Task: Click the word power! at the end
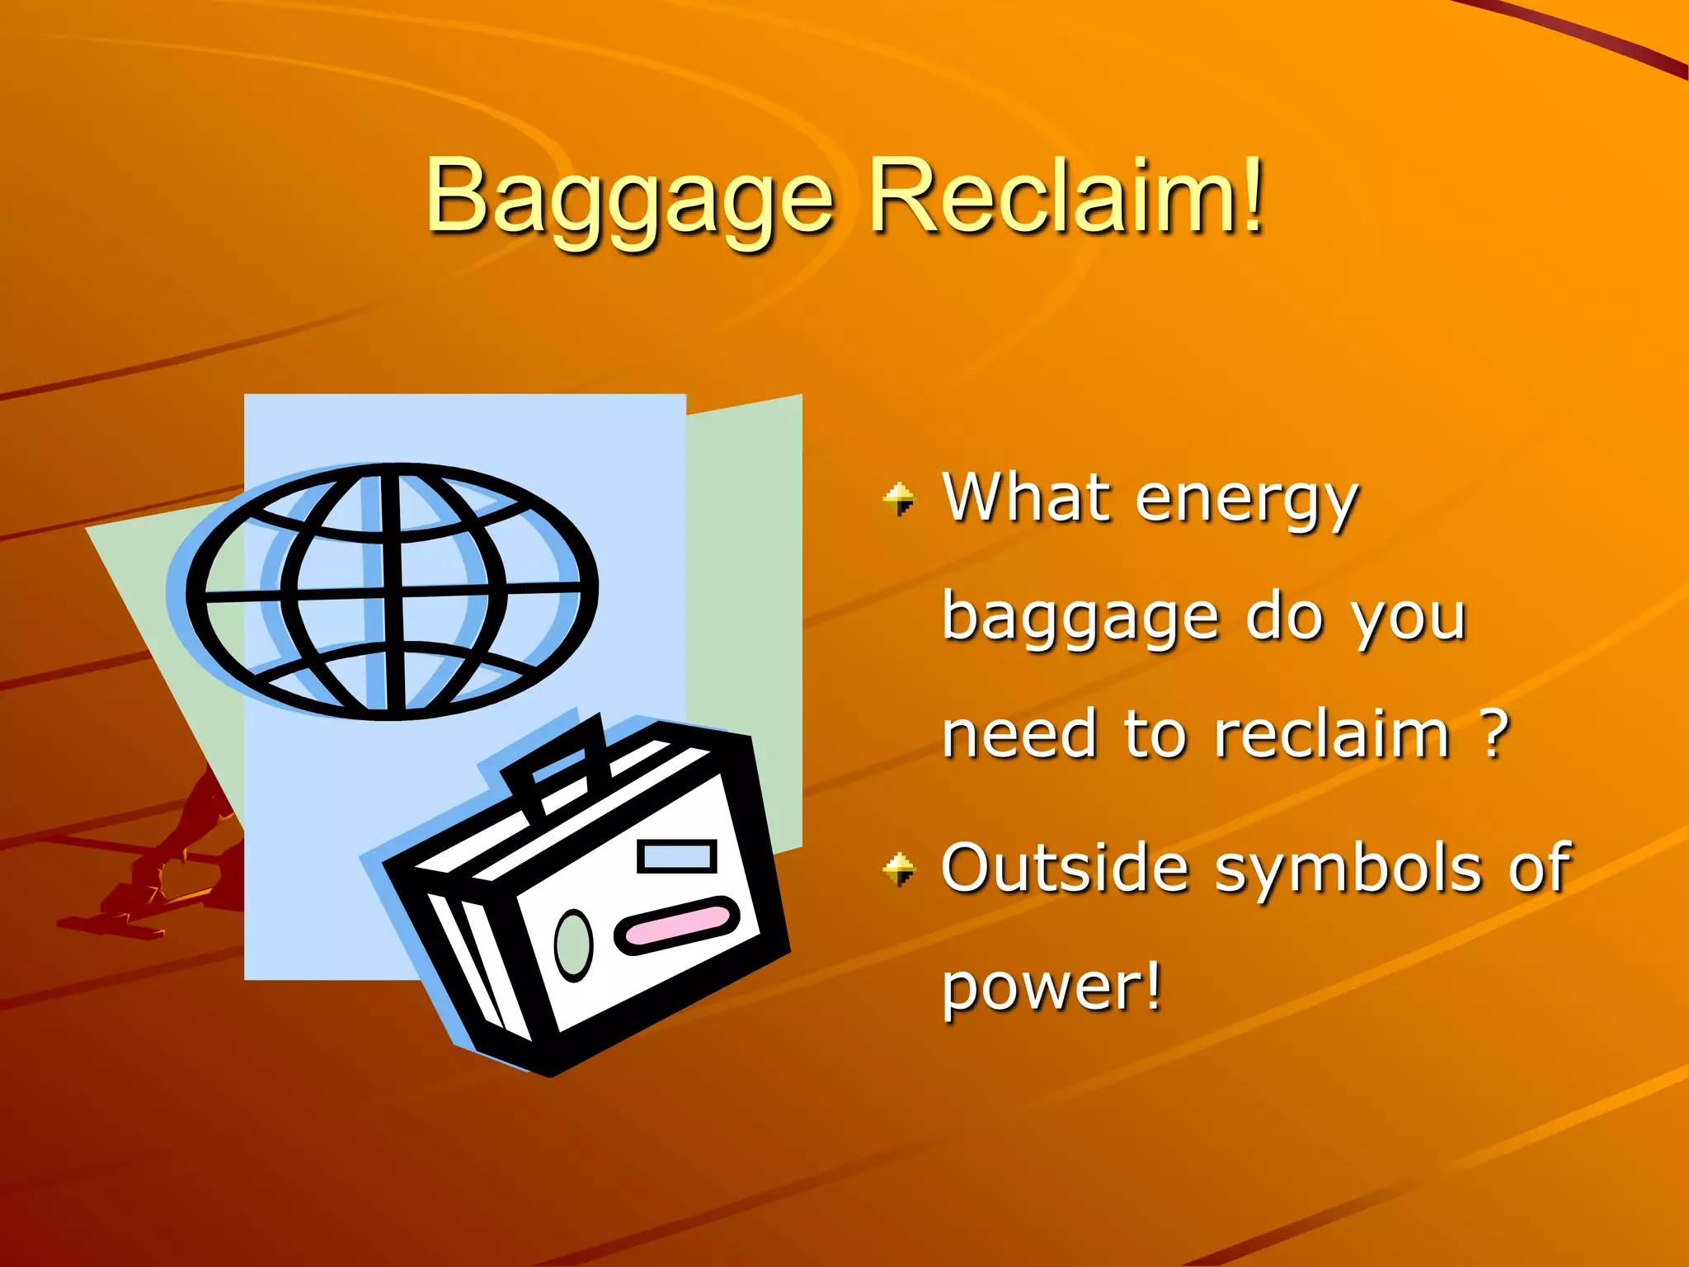pos(1052,987)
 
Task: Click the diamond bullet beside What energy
pos(899,499)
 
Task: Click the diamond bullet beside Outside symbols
pos(899,869)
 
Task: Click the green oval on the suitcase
pos(573,945)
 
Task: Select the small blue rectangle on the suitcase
pos(676,855)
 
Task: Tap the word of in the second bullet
pos(1539,868)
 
